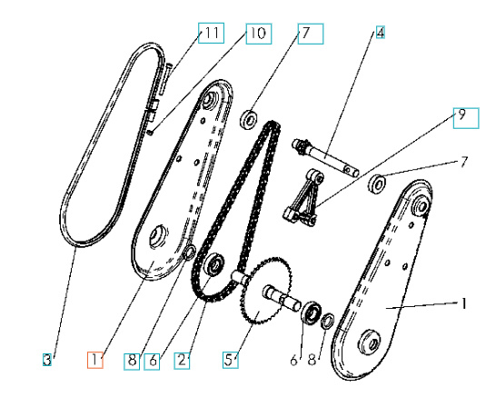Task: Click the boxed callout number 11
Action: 212,35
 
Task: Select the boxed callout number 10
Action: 257,35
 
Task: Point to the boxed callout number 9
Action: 461,116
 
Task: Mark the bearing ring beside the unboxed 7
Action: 376,185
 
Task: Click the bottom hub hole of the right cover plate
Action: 370,344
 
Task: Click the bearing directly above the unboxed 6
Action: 311,313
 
